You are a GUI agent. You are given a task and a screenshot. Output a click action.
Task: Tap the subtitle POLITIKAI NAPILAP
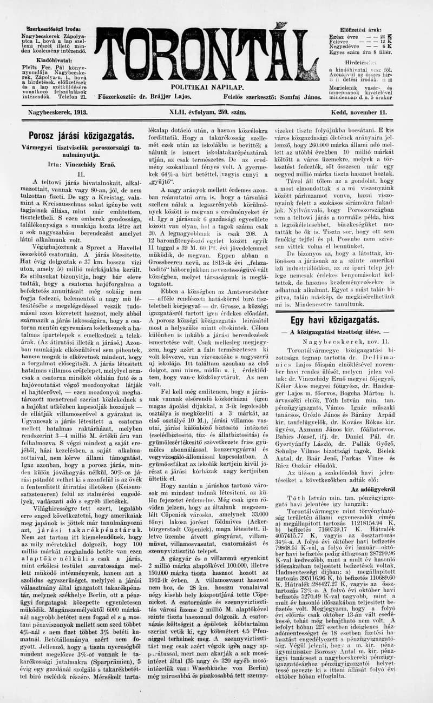tap(207, 86)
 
